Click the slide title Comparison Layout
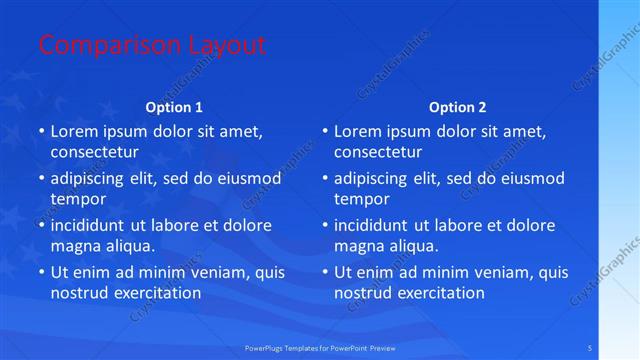pos(152,45)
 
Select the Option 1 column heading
pos(174,107)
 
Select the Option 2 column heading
pos(458,107)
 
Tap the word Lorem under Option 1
pos(74,131)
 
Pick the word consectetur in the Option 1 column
pos(95,152)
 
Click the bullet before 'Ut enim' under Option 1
pos(41,272)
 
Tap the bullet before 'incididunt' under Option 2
pos(325,225)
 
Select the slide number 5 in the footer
pos(590,347)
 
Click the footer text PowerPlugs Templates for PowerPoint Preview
pos(327,347)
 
